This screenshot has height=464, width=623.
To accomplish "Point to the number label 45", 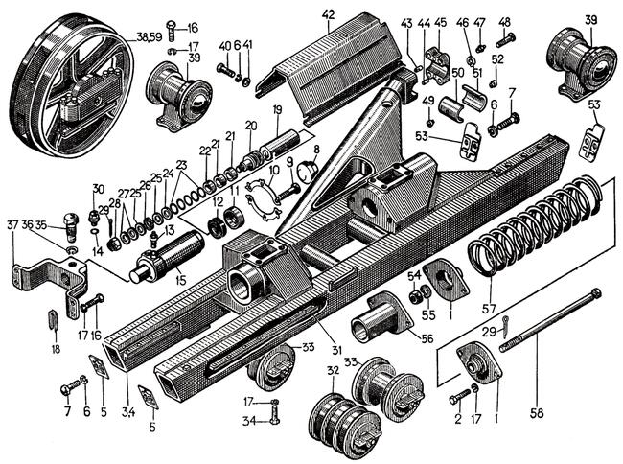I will pos(441,21).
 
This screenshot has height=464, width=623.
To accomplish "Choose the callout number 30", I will pos(97,188).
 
